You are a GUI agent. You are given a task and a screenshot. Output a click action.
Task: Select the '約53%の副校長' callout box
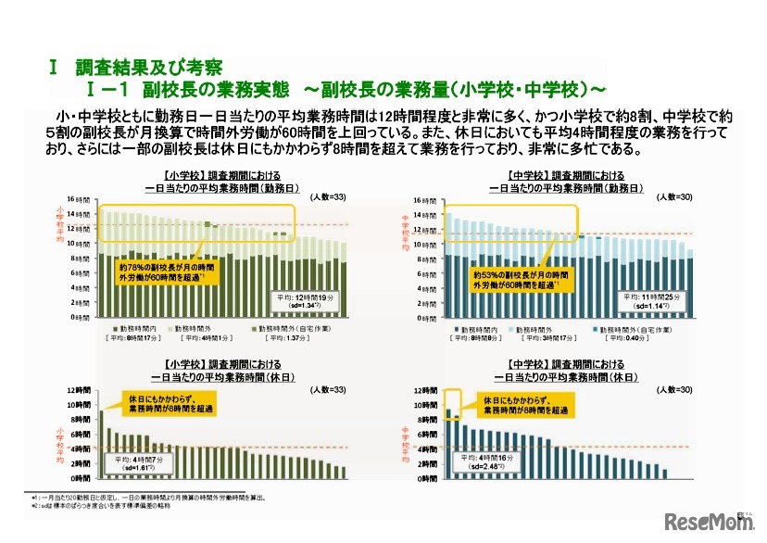pyautogui.click(x=520, y=280)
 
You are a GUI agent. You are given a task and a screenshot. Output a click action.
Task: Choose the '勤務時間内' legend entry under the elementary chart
pyautogui.click(x=135, y=330)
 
